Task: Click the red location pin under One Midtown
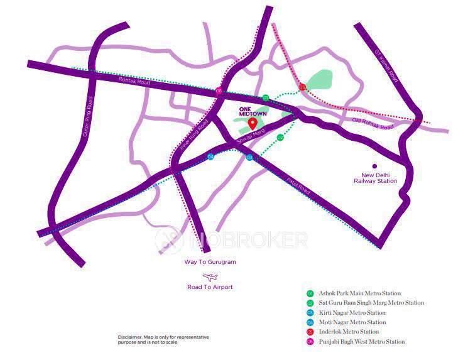[x=253, y=123]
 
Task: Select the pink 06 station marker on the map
[x=219, y=91]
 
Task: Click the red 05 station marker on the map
[x=302, y=87]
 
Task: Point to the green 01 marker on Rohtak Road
[x=266, y=97]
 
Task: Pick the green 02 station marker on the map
[x=280, y=137]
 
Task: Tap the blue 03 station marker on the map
[x=249, y=157]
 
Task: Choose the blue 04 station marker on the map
[x=210, y=156]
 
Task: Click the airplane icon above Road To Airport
[x=210, y=276]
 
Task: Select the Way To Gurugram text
[x=210, y=262]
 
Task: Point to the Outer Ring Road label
[x=87, y=117]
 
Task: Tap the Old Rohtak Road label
[x=373, y=123]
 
